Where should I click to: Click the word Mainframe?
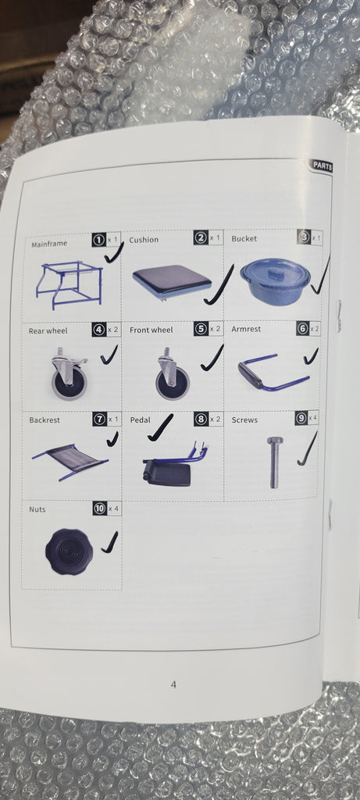[x=49, y=244]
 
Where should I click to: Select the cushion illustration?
[x=172, y=280]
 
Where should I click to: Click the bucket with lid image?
[x=276, y=280]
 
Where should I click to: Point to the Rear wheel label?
[x=48, y=331]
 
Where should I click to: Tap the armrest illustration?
[x=273, y=371]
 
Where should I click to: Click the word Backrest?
[x=45, y=420]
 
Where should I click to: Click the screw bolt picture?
[x=274, y=462]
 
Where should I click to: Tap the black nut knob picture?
[x=70, y=552]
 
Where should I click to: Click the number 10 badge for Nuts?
[x=99, y=509]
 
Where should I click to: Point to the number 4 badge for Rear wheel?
[x=99, y=330]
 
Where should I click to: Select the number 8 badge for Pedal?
[x=201, y=419]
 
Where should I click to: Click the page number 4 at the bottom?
[x=173, y=684]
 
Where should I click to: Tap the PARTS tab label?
[x=322, y=166]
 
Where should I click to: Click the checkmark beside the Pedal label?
[x=161, y=427]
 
